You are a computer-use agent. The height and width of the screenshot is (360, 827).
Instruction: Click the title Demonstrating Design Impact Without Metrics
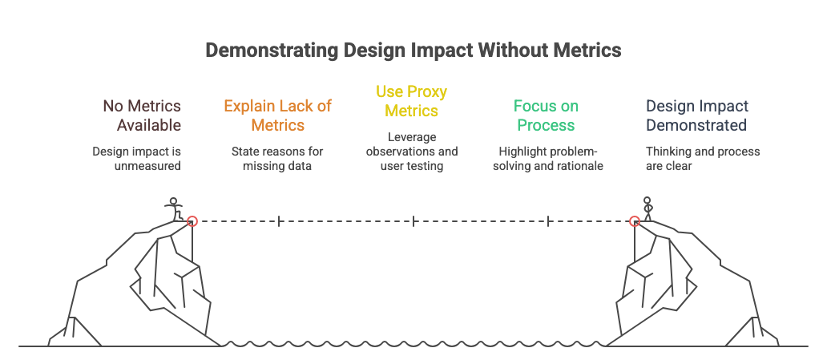(413, 51)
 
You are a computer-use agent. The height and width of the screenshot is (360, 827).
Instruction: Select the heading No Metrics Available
(141, 115)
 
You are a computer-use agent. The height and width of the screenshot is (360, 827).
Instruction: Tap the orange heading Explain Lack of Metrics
(277, 115)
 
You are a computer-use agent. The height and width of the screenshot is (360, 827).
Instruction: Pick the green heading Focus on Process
(547, 115)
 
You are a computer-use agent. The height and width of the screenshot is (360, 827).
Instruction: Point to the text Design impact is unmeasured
(136, 158)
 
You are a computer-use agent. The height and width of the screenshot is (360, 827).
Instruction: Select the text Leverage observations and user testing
(412, 151)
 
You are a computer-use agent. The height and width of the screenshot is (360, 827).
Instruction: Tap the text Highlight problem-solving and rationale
(547, 158)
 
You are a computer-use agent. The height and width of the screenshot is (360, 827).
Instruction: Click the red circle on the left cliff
(192, 221)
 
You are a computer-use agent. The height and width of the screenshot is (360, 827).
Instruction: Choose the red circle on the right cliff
(634, 221)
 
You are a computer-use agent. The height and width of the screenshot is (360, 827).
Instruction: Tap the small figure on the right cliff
(647, 208)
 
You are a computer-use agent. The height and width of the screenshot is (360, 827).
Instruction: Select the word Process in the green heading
(547, 125)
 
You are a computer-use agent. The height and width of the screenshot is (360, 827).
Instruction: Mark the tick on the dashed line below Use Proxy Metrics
(413, 221)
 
